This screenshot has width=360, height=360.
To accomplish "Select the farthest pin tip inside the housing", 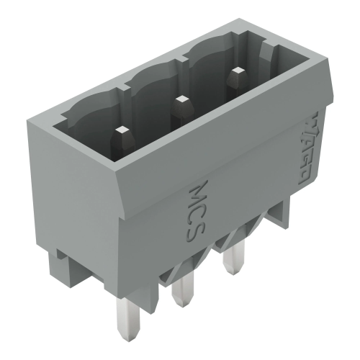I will pyautogui.click(x=234, y=72).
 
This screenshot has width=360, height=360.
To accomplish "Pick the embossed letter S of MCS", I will pyautogui.click(x=199, y=232).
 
